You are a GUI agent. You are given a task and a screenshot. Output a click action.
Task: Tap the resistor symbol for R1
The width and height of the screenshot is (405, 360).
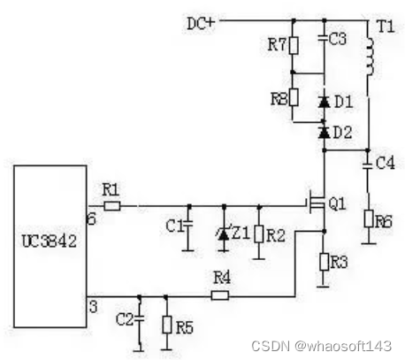coord(111,206)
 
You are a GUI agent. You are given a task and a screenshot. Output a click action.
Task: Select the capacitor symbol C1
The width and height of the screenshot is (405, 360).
coord(187,226)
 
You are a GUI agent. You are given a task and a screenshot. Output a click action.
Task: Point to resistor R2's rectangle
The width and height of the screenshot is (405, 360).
coord(258,233)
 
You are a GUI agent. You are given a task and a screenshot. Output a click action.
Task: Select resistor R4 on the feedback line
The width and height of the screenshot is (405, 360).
coord(218,295)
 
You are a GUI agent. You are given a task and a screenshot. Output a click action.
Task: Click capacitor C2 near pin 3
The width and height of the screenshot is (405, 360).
coord(140,317)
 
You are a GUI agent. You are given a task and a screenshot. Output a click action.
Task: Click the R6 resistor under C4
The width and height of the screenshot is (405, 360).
coord(369,218)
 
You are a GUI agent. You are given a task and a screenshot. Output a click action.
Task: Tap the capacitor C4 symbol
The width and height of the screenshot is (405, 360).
coord(369,164)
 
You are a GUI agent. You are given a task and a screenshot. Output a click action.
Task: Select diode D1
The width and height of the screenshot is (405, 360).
coord(324,103)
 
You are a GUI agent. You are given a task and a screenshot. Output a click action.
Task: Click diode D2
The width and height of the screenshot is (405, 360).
coord(324,132)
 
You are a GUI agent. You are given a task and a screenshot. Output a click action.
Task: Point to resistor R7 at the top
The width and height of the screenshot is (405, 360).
coord(294,44)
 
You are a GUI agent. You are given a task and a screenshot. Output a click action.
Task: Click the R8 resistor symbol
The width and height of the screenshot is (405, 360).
coord(294,99)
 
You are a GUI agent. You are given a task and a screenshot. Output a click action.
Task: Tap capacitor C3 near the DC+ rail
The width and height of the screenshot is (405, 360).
coord(324,40)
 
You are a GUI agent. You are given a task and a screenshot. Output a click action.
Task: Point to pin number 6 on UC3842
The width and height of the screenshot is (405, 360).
coord(91,217)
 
